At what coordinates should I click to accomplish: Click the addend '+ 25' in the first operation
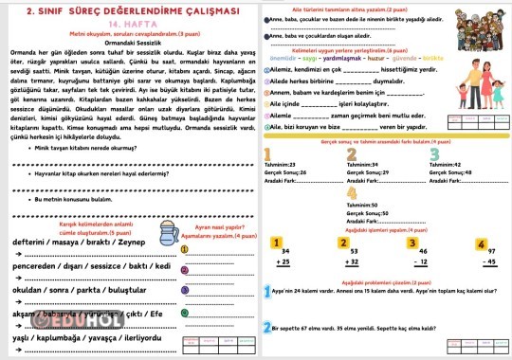click(x=283, y=260)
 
